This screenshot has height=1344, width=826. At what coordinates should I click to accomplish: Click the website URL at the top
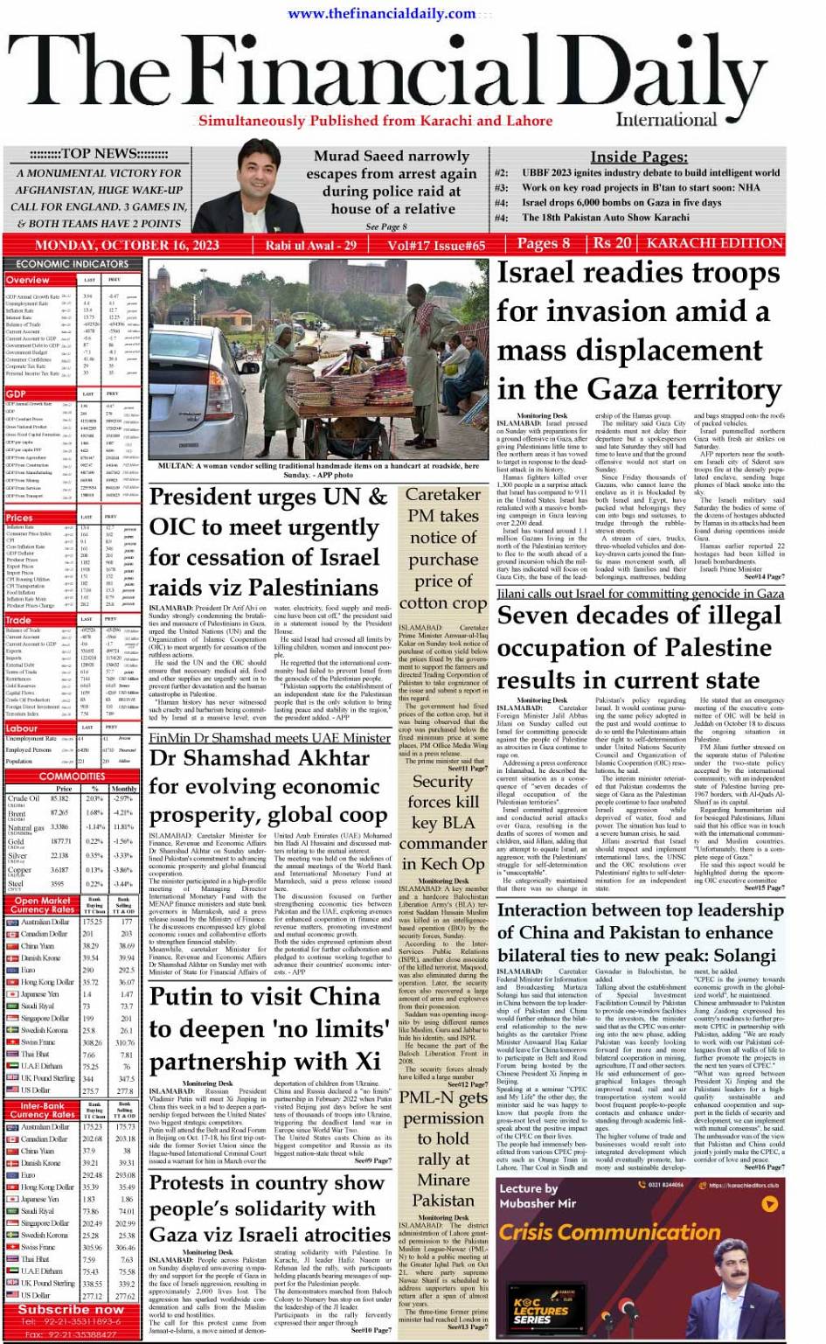pyautogui.click(x=382, y=13)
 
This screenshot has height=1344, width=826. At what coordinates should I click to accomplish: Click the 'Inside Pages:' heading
pyautogui.click(x=639, y=157)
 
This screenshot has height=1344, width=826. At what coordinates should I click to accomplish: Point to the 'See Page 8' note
pyautogui.click(x=386, y=226)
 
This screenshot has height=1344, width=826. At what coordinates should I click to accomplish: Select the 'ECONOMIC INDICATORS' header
pyautogui.click(x=73, y=263)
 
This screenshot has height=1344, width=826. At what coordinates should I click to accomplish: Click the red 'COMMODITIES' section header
pyautogui.click(x=73, y=776)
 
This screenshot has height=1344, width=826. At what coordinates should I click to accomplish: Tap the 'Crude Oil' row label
pyautogui.click(x=23, y=798)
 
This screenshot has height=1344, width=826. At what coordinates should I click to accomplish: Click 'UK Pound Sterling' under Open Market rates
pyautogui.click(x=47, y=1078)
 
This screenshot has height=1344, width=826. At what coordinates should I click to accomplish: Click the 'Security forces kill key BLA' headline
pyautogui.click(x=443, y=812)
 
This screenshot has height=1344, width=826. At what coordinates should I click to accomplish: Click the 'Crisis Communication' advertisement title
pyautogui.click(x=609, y=1232)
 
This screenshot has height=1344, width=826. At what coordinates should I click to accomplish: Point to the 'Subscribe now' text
pyautogui.click(x=71, y=1309)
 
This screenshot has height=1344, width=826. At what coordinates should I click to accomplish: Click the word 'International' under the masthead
pyautogui.click(x=666, y=121)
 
